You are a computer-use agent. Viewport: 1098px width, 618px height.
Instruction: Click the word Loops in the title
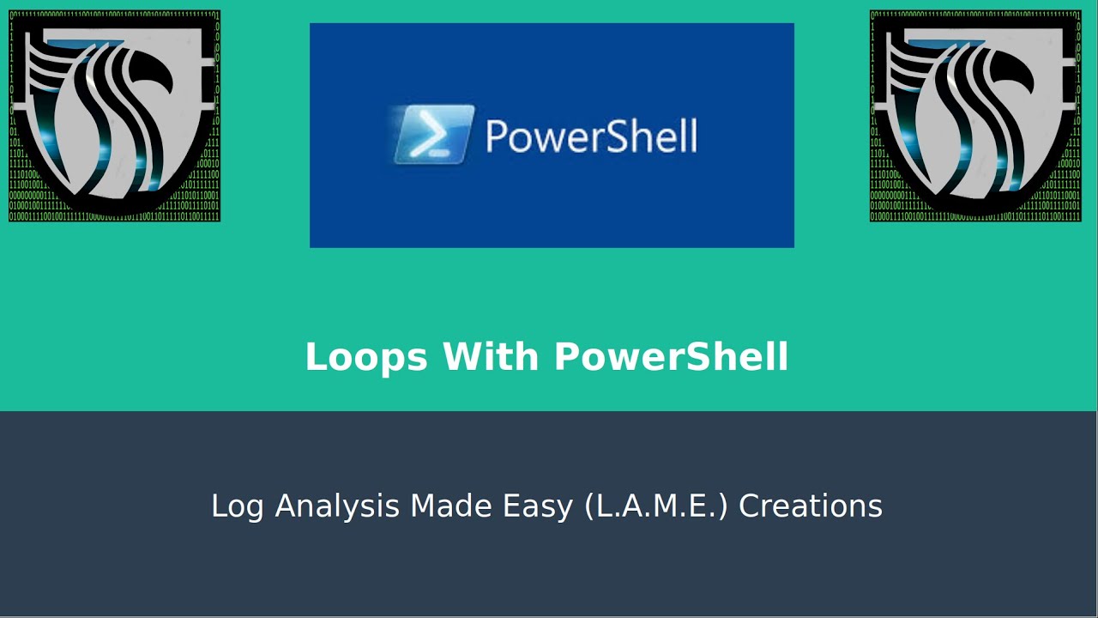tap(365, 357)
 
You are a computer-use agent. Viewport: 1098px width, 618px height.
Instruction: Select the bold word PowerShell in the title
tap(672, 357)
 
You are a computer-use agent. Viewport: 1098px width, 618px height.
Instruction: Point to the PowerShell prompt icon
tap(434, 134)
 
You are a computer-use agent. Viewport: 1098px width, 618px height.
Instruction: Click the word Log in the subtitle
tap(240, 506)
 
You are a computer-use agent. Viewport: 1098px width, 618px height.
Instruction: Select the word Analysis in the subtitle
tap(338, 506)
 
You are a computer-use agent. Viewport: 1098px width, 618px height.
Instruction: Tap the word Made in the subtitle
tap(447, 506)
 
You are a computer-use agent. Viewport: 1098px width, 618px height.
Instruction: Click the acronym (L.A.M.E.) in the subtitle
tap(656, 506)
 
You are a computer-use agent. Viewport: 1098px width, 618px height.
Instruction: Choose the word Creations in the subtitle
tap(811, 506)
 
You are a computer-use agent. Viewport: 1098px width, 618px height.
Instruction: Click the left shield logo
tap(114, 116)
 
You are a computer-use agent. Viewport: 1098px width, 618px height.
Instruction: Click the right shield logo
tap(975, 116)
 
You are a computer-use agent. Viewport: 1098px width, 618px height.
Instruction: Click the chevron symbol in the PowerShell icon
tap(426, 133)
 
